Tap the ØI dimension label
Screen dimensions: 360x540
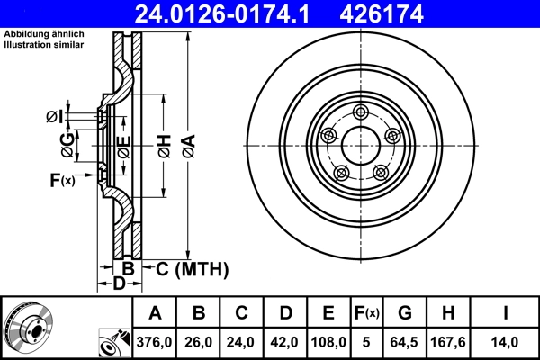click(x=54, y=115)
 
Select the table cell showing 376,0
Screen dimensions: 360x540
click(x=155, y=342)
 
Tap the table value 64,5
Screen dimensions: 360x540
click(x=405, y=342)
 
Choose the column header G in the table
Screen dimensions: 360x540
click(x=405, y=313)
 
